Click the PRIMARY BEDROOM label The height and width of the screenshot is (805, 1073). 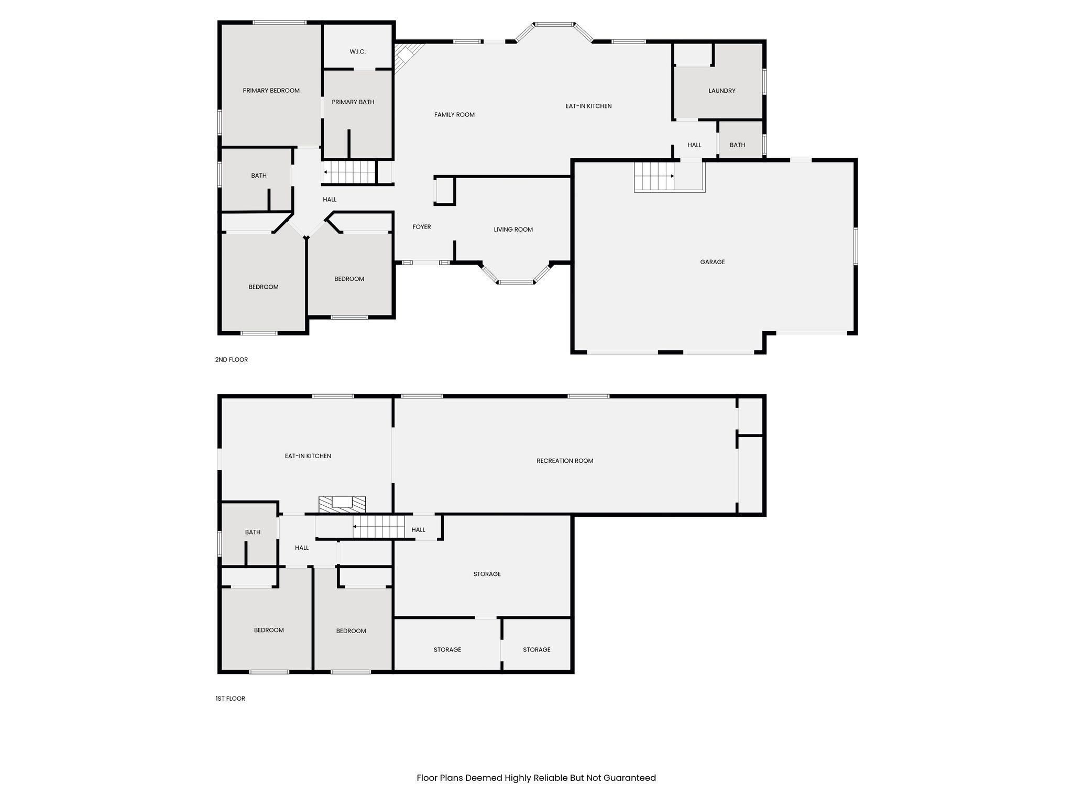[271, 91]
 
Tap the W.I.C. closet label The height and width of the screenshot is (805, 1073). [358, 52]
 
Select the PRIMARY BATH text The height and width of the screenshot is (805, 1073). [353, 102]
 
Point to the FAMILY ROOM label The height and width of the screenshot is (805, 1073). [454, 115]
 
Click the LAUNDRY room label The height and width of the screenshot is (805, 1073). [722, 91]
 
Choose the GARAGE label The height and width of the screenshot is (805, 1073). [713, 262]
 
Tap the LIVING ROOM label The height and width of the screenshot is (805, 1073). [513, 230]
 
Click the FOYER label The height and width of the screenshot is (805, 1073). [422, 227]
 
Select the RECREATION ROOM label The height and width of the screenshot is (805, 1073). [565, 461]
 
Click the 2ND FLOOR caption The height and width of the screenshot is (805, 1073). [232, 360]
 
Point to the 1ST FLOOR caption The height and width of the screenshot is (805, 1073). [231, 699]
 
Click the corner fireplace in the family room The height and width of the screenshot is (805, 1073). [406, 56]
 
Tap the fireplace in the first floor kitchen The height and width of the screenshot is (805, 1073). [342, 504]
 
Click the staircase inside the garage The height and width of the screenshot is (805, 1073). [654, 177]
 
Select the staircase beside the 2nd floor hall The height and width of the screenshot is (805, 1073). [350, 172]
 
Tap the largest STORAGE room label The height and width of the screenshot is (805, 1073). [487, 574]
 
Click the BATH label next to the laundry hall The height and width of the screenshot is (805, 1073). [737, 145]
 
